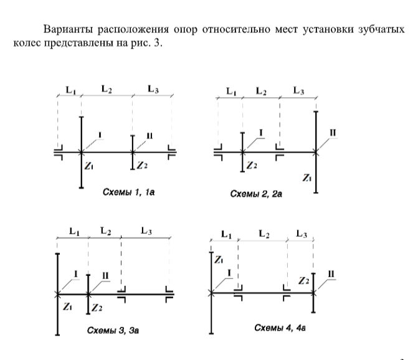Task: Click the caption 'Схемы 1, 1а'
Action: [x=128, y=193]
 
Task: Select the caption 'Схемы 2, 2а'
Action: [x=257, y=194]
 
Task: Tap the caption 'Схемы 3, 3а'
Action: [x=113, y=329]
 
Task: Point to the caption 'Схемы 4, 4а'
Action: [x=280, y=327]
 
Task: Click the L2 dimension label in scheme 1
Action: [x=107, y=90]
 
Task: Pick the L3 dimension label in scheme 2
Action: [x=299, y=92]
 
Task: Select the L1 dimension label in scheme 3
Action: [x=74, y=231]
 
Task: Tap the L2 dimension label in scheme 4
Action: [x=264, y=234]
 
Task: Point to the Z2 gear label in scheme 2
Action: [x=252, y=166]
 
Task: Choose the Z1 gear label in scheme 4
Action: [x=219, y=260]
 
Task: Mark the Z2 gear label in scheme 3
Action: [x=96, y=307]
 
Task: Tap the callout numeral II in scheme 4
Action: [x=331, y=273]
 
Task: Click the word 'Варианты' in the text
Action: [x=65, y=30]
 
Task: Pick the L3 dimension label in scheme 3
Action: [x=146, y=231]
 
